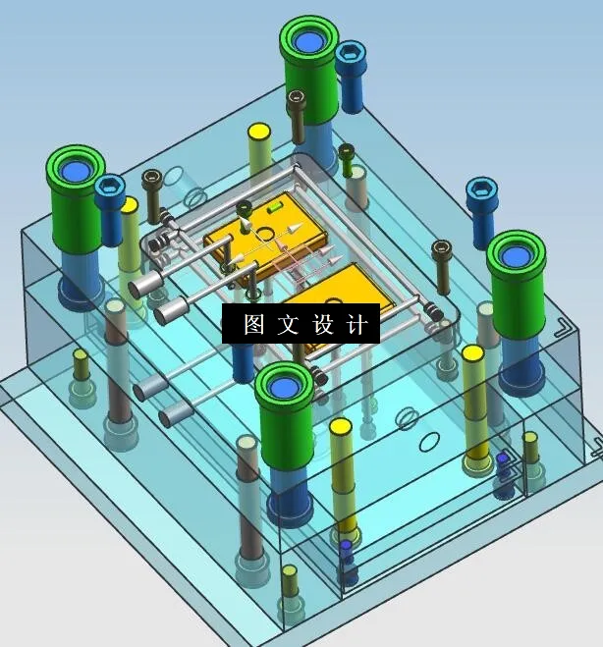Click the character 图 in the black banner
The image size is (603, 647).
tap(254, 325)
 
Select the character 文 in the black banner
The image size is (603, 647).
tap(289, 325)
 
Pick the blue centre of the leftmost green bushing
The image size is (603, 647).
tap(75, 171)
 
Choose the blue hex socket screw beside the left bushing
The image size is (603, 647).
tap(111, 187)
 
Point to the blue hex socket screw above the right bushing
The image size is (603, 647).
tap(480, 189)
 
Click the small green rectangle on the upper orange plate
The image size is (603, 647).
tap(275, 207)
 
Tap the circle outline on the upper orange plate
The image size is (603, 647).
tap(264, 234)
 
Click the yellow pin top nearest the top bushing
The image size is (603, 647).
tap(259, 132)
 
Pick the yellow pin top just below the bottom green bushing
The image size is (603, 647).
tap(341, 427)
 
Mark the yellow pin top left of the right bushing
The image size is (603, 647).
tap(472, 353)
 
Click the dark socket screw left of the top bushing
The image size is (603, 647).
tap(296, 98)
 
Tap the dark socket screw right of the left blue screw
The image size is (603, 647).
tap(151, 179)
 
